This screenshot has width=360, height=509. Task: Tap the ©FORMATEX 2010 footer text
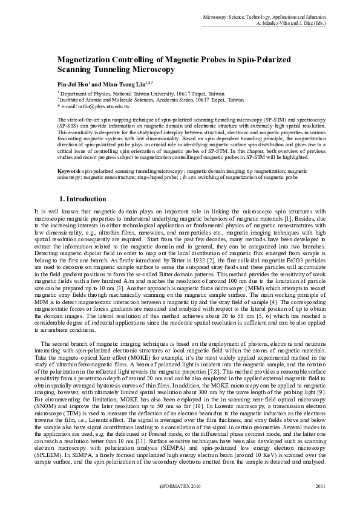[x=180, y=485]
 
